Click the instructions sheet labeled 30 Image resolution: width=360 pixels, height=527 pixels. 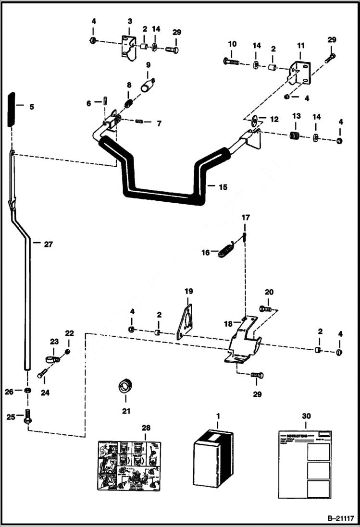304,464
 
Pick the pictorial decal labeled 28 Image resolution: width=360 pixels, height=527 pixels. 129,465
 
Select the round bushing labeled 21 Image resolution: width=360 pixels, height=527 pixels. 126,386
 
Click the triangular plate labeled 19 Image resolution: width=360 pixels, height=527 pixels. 185,322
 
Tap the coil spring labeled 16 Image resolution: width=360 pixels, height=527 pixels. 226,250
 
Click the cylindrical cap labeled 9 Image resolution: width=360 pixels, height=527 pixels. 147,86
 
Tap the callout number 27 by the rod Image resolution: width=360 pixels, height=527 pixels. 48,244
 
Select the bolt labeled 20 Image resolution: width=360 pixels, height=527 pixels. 266,308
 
